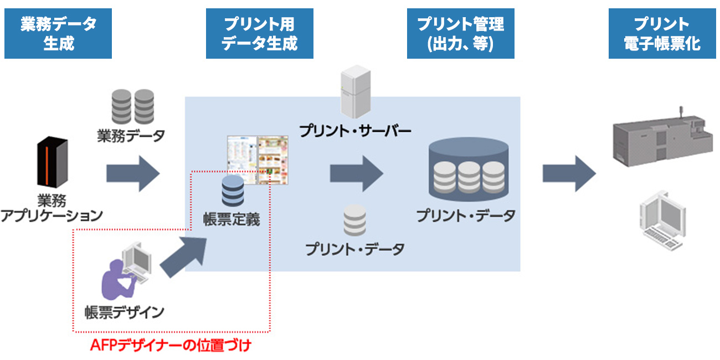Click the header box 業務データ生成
(x=58, y=34)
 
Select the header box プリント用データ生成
(x=259, y=34)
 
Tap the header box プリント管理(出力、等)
(x=460, y=34)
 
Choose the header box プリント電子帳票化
(x=662, y=34)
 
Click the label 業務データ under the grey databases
(x=131, y=136)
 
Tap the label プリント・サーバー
(x=355, y=131)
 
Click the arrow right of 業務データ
(x=133, y=173)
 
